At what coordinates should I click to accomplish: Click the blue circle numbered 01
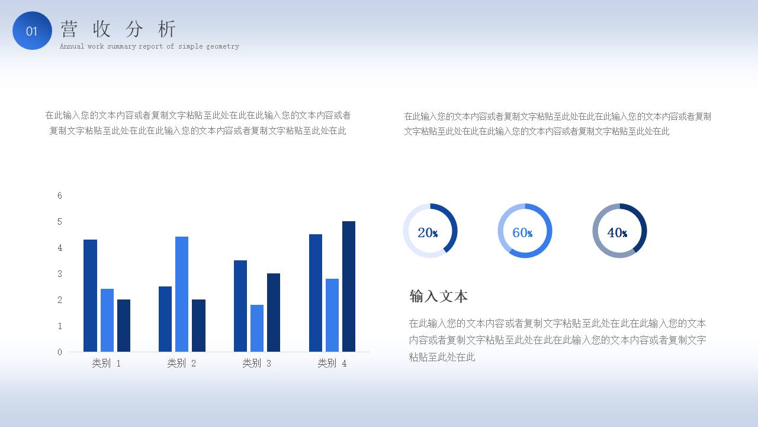32,31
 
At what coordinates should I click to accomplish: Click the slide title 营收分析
118,28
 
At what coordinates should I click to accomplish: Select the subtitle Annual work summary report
149,46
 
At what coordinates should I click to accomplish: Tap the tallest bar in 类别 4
349,286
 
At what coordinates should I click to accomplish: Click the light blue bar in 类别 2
182,294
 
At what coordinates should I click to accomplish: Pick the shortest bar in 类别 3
257,328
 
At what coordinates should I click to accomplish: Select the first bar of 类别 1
90,295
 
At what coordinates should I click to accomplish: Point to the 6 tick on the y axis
60,196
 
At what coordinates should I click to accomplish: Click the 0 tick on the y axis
60,352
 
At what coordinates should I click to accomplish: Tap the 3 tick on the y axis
60,274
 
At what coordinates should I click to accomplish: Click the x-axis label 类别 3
257,363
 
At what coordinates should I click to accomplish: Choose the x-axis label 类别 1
107,363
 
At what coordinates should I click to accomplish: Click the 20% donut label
428,232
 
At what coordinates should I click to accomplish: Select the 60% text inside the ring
522,232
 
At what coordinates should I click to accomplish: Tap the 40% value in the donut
617,232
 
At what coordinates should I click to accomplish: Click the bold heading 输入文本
438,296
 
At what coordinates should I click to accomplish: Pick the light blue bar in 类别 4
332,315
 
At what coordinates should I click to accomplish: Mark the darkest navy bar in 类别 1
124,325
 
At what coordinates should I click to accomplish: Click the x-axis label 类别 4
332,363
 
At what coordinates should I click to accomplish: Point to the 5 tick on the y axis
60,222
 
